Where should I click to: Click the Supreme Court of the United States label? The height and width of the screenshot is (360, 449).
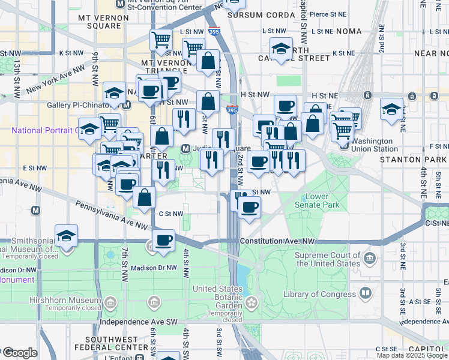click(x=328, y=259)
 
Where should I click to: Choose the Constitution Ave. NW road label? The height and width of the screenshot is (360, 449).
click(x=277, y=241)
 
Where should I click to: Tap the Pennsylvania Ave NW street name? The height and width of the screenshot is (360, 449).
click(x=112, y=215)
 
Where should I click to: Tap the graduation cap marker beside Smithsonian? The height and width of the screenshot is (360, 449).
click(x=66, y=236)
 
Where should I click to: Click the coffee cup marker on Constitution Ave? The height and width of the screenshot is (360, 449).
click(x=163, y=240)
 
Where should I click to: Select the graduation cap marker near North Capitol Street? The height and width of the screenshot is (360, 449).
click(x=281, y=49)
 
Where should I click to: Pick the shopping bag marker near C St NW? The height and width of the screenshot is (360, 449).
click(x=145, y=197)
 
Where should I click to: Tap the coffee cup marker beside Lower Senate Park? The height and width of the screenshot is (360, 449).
click(x=249, y=208)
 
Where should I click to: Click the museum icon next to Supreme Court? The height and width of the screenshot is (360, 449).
click(x=370, y=259)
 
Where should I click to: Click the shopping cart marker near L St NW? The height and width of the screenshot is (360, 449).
click(x=161, y=40)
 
